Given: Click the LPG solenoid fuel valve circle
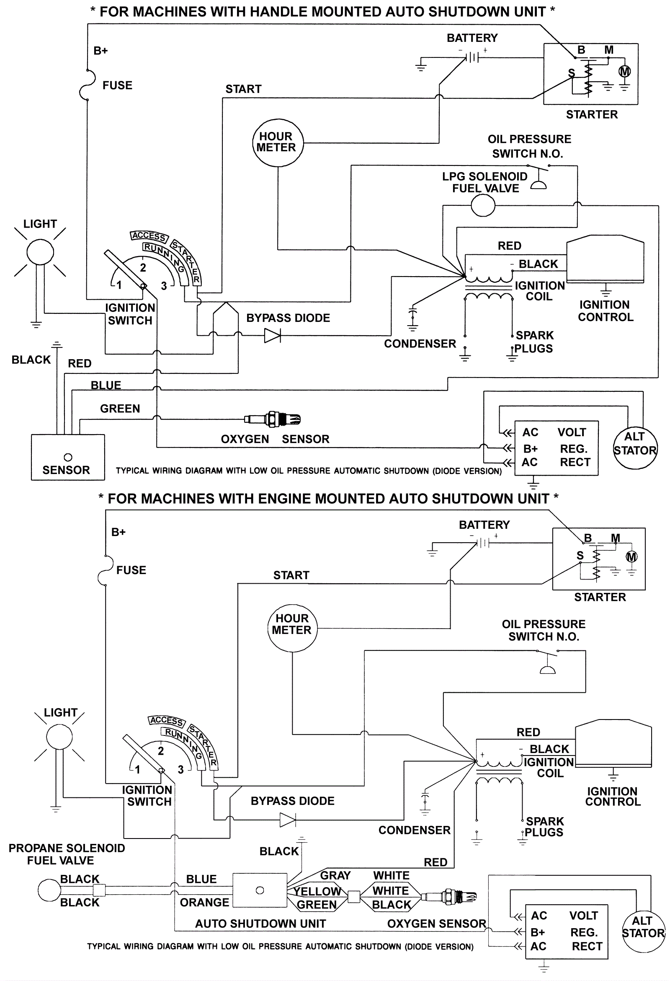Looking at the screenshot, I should click(483, 206).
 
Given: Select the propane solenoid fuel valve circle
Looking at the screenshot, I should click(49, 890).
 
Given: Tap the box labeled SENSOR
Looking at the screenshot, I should click(67, 458).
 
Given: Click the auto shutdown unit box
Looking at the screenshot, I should click(260, 890).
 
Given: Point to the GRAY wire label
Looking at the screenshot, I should click(335, 875).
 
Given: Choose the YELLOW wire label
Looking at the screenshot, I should click(317, 891).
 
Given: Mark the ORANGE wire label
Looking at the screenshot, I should click(205, 903).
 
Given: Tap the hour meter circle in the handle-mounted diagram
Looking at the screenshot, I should click(278, 142).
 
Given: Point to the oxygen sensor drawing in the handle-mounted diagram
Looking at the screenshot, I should click(273, 419).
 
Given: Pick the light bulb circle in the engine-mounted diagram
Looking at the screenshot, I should click(59, 737).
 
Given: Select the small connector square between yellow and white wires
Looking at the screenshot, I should click(353, 897).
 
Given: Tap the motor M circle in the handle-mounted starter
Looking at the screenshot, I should click(624, 72).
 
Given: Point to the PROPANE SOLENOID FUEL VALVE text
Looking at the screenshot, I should click(66, 854).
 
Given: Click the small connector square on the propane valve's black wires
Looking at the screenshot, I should click(99, 890).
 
